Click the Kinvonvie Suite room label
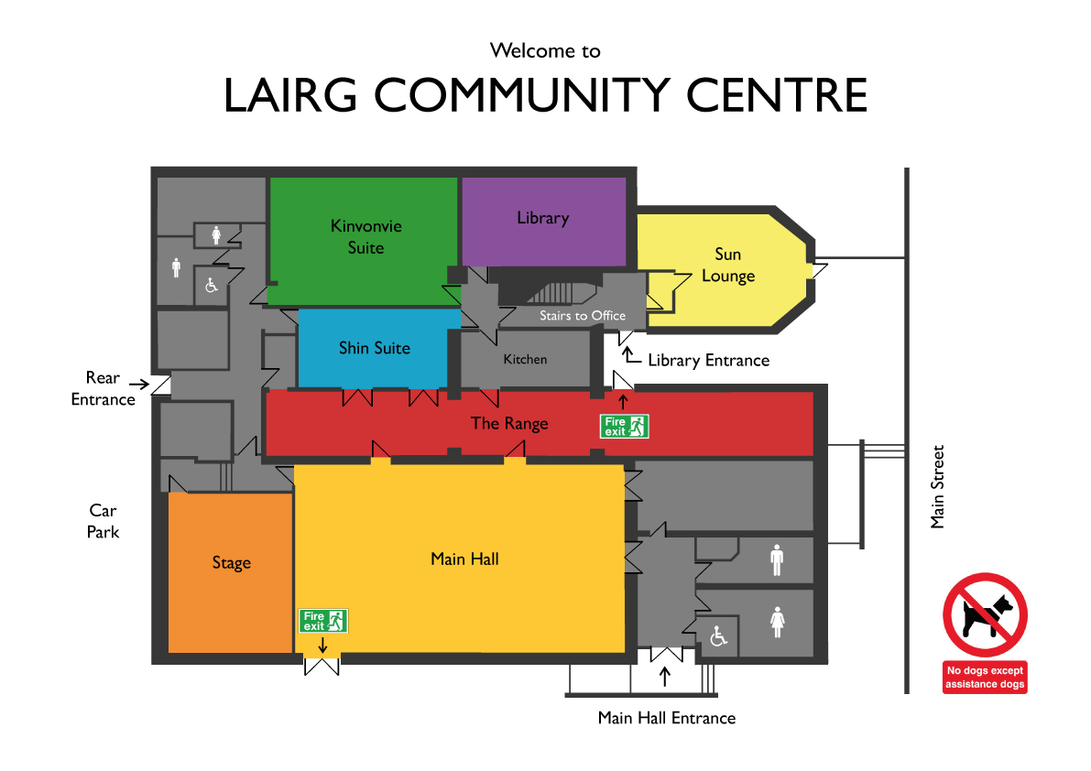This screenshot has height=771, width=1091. click(x=366, y=236)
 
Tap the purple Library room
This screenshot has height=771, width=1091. click(x=543, y=221)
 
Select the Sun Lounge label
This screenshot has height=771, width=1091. click(x=728, y=265)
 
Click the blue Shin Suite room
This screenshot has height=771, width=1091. click(x=374, y=348)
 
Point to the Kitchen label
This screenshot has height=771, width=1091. click(x=525, y=360)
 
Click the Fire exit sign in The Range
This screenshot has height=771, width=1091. click(x=624, y=426)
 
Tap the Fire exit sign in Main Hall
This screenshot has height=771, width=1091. click(x=322, y=621)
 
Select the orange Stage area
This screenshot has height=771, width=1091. click(x=230, y=573)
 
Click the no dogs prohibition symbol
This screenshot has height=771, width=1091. click(x=985, y=614)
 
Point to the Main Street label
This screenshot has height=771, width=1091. click(x=937, y=486)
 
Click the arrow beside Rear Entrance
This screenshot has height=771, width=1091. click(x=139, y=384)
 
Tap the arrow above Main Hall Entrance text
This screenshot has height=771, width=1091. click(x=665, y=677)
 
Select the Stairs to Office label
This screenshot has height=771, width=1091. click(x=583, y=316)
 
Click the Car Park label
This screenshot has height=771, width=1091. click(x=103, y=521)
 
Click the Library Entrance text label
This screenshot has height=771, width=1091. click(x=708, y=360)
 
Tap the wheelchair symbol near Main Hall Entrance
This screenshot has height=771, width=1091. click(x=718, y=636)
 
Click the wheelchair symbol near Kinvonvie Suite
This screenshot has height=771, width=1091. click(x=212, y=285)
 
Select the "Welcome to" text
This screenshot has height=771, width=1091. click(x=545, y=50)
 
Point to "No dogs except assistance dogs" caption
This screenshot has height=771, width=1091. click(x=985, y=678)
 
